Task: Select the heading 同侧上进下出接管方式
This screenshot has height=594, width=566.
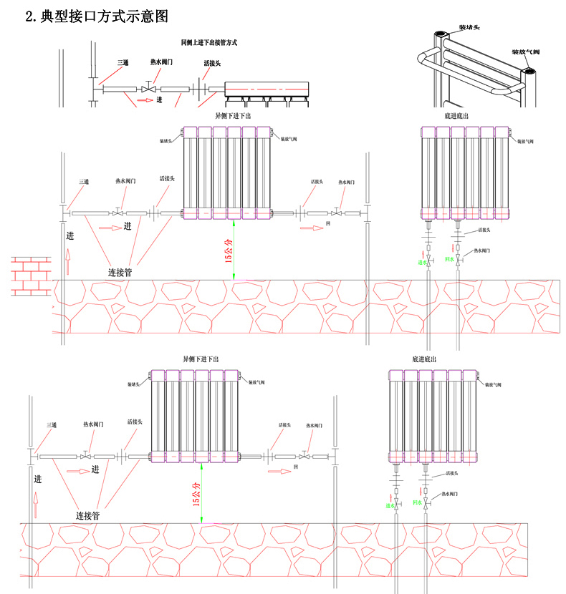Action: coord(209,43)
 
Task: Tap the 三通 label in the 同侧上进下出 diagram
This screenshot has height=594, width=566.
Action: coord(123,62)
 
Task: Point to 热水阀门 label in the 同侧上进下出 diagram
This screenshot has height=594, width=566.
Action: coord(161,62)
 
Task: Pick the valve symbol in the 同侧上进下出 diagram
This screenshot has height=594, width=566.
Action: coord(149,89)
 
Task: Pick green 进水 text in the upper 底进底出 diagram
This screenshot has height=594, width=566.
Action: coord(423,263)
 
